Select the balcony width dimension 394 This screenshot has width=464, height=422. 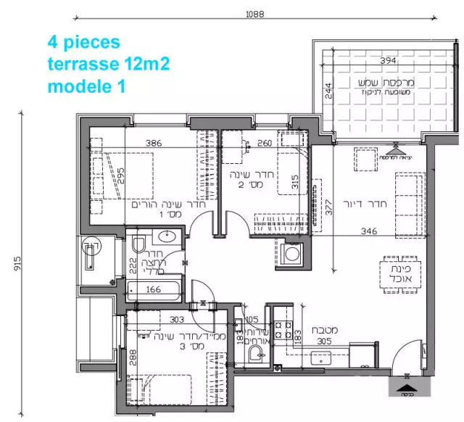[369, 61]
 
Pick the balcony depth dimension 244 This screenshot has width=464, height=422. [328, 90]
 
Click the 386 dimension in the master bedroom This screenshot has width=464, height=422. [152, 143]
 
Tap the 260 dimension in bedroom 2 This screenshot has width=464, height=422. [265, 143]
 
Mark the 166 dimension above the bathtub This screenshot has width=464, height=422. [153, 289]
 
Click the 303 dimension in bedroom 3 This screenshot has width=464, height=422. [178, 319]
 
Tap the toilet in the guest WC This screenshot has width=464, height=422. [254, 353]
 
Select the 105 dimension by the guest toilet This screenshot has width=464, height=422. [252, 319]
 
